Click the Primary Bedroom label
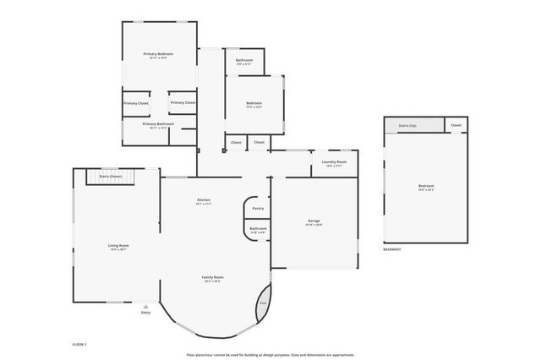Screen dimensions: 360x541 tap(160, 54)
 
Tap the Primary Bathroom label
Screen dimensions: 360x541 tap(158, 124)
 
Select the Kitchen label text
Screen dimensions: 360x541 tap(204, 200)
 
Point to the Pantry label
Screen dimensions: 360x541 tap(258, 207)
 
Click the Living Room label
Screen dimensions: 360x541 tap(118, 246)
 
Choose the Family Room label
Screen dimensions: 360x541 tap(212, 277)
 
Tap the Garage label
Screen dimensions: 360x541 tap(314, 222)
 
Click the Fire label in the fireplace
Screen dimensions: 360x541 tap(263, 302)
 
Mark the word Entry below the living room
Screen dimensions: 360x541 tap(146, 313)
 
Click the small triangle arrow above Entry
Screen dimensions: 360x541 tap(146, 306)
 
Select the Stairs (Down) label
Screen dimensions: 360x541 tap(111, 176)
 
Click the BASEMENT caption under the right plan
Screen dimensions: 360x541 tap(392, 249)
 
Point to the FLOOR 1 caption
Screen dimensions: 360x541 tap(80, 345)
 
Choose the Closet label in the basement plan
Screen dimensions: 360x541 tap(456, 125)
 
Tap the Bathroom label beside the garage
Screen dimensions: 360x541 tap(258, 228)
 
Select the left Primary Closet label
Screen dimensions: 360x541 tap(136, 103)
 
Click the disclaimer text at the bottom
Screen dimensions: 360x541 tap(270, 355)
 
